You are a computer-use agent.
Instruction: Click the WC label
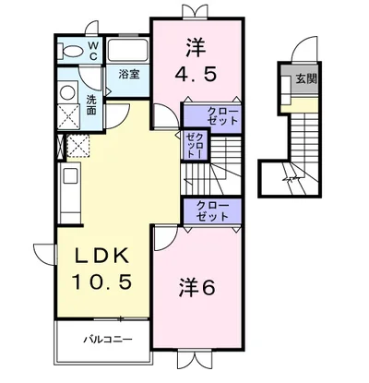click(x=93, y=50)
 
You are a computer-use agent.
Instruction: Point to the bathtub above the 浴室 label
click(x=127, y=48)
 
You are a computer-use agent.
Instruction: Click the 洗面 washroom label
click(x=92, y=104)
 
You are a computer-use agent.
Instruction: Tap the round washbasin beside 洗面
click(x=66, y=91)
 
